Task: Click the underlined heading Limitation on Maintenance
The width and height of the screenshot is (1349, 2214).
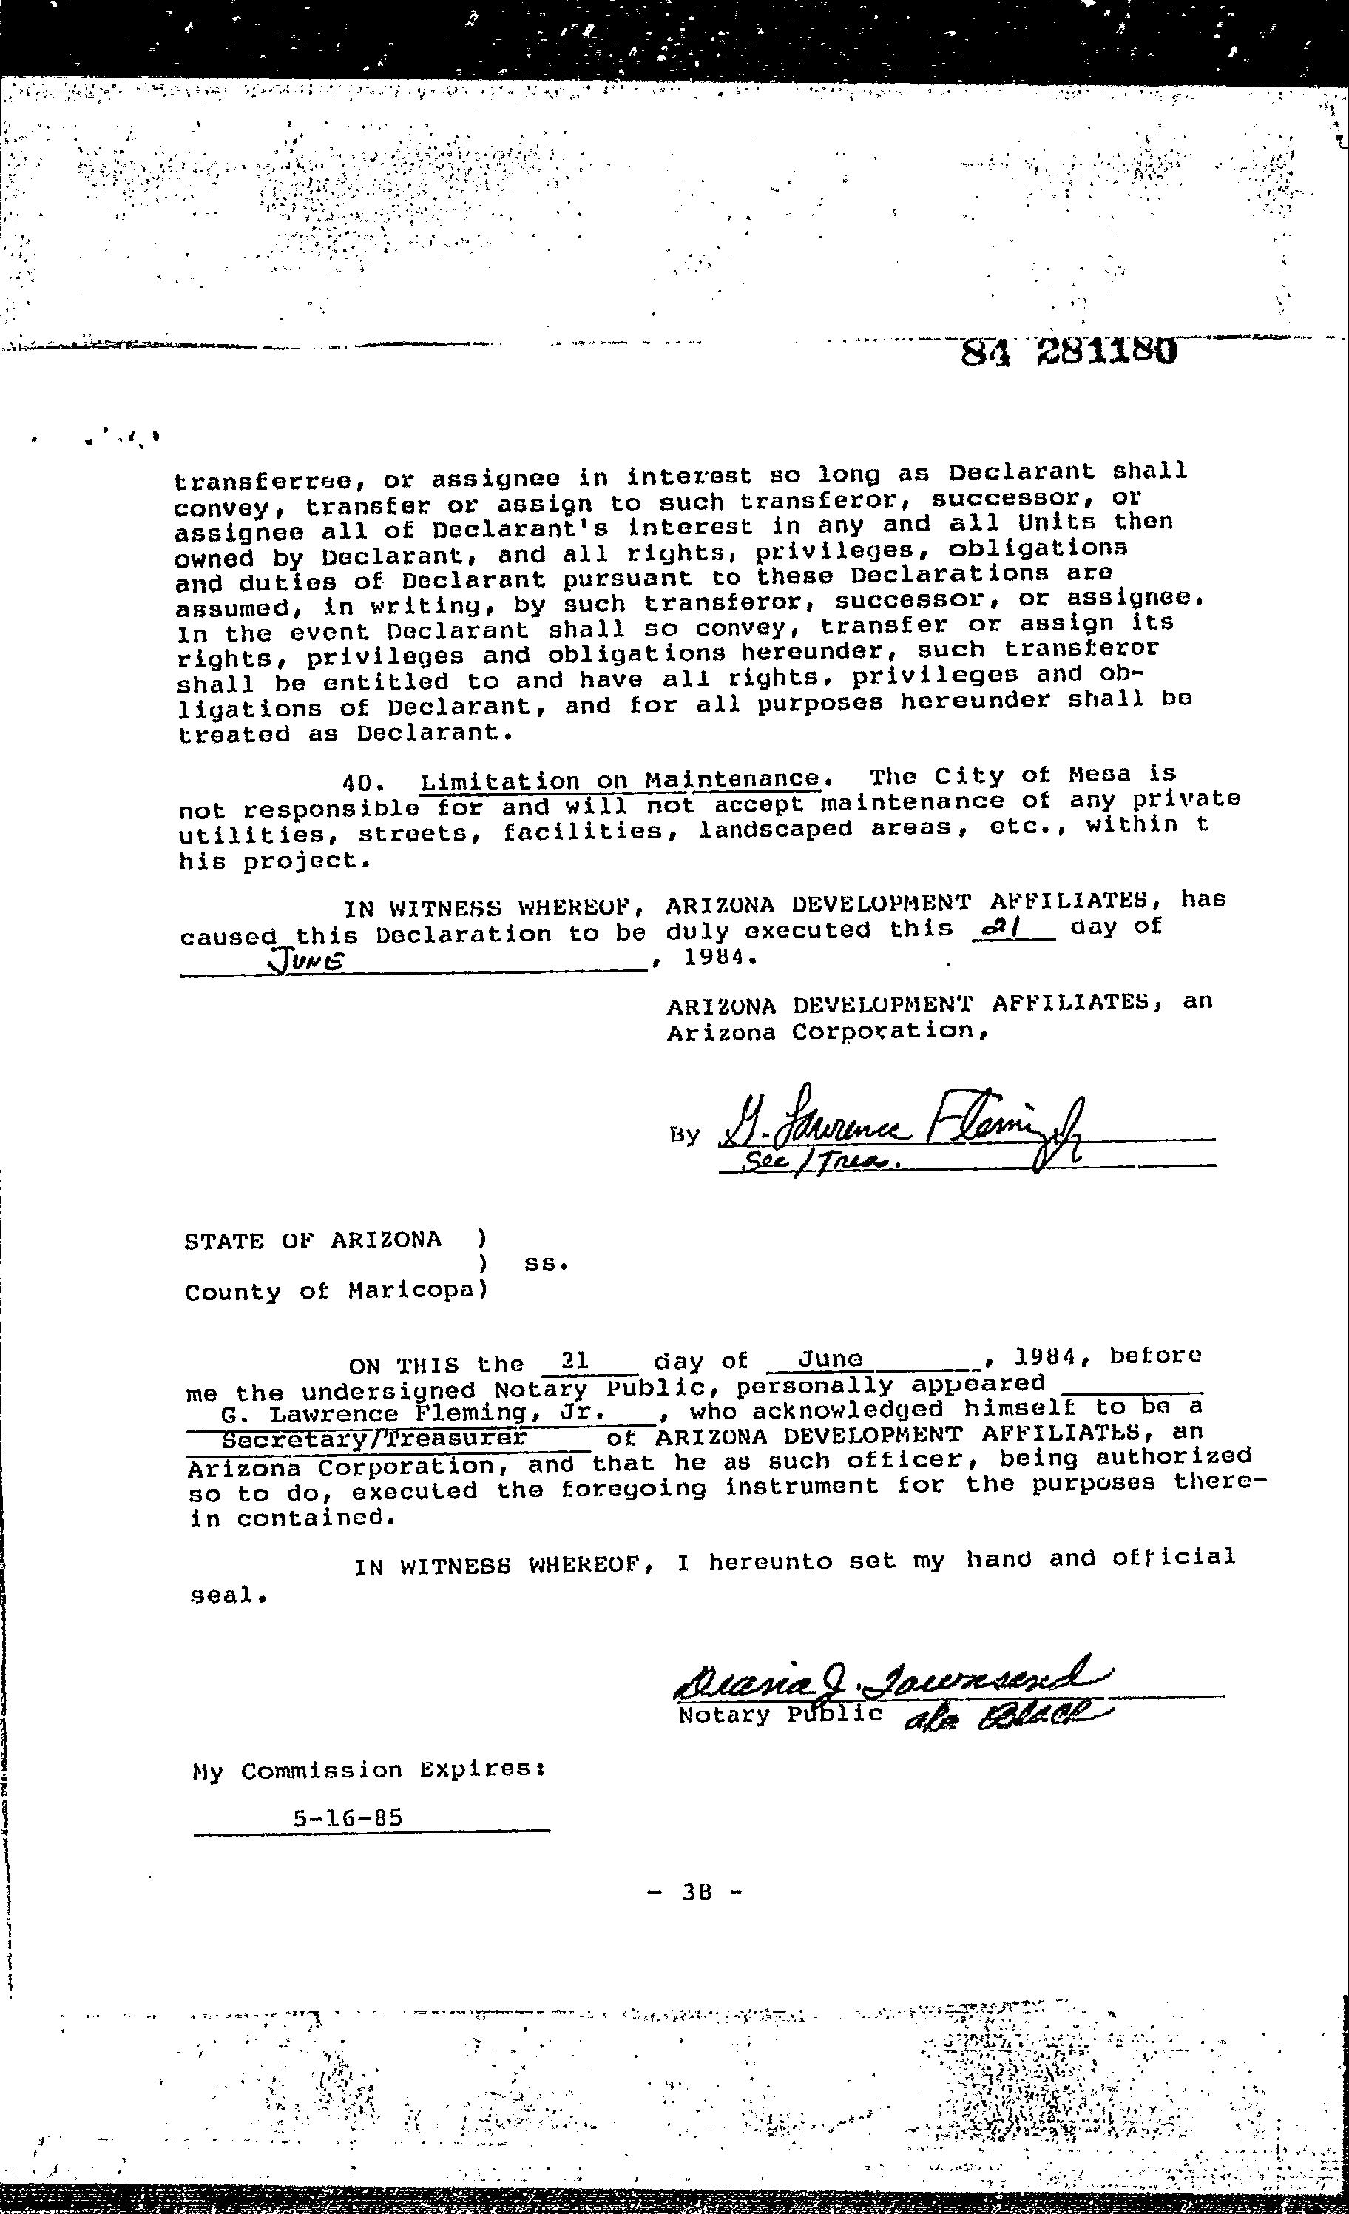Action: pyautogui.click(x=620, y=779)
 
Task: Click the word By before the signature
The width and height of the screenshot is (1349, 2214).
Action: pyautogui.click(x=683, y=1136)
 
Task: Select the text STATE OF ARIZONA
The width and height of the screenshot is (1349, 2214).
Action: pyautogui.click(x=313, y=1241)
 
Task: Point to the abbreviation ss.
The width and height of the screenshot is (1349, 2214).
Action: pyautogui.click(x=546, y=1264)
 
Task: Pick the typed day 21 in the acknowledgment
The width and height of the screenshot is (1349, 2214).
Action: pyautogui.click(x=573, y=1362)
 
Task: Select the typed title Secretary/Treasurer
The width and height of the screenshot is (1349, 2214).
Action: pyautogui.click(x=373, y=1438)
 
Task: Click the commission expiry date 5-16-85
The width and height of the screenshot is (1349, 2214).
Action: pyautogui.click(x=348, y=1819)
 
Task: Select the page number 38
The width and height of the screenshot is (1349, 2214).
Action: pyautogui.click(x=697, y=1892)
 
